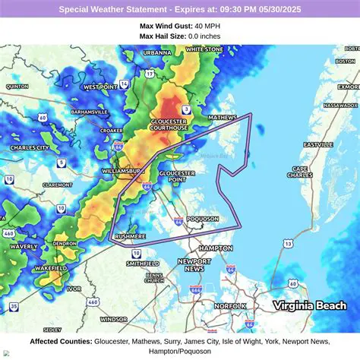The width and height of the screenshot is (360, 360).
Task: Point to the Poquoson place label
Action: tap(203, 219)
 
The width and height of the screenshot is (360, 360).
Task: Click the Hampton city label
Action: tap(216, 248)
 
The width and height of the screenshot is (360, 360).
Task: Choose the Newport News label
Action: tap(194, 264)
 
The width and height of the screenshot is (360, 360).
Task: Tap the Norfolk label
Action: tap(229, 306)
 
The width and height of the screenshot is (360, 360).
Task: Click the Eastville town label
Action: tap(318, 144)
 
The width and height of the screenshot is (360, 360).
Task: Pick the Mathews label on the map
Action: tap(223, 118)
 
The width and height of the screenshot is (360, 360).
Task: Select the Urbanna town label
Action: tap(157, 52)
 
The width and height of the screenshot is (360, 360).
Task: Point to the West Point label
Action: tap(100, 87)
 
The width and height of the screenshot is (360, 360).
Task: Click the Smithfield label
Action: tap(143, 264)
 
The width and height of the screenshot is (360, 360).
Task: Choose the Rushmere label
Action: tap(130, 237)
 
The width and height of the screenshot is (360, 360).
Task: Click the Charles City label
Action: tap(30, 148)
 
